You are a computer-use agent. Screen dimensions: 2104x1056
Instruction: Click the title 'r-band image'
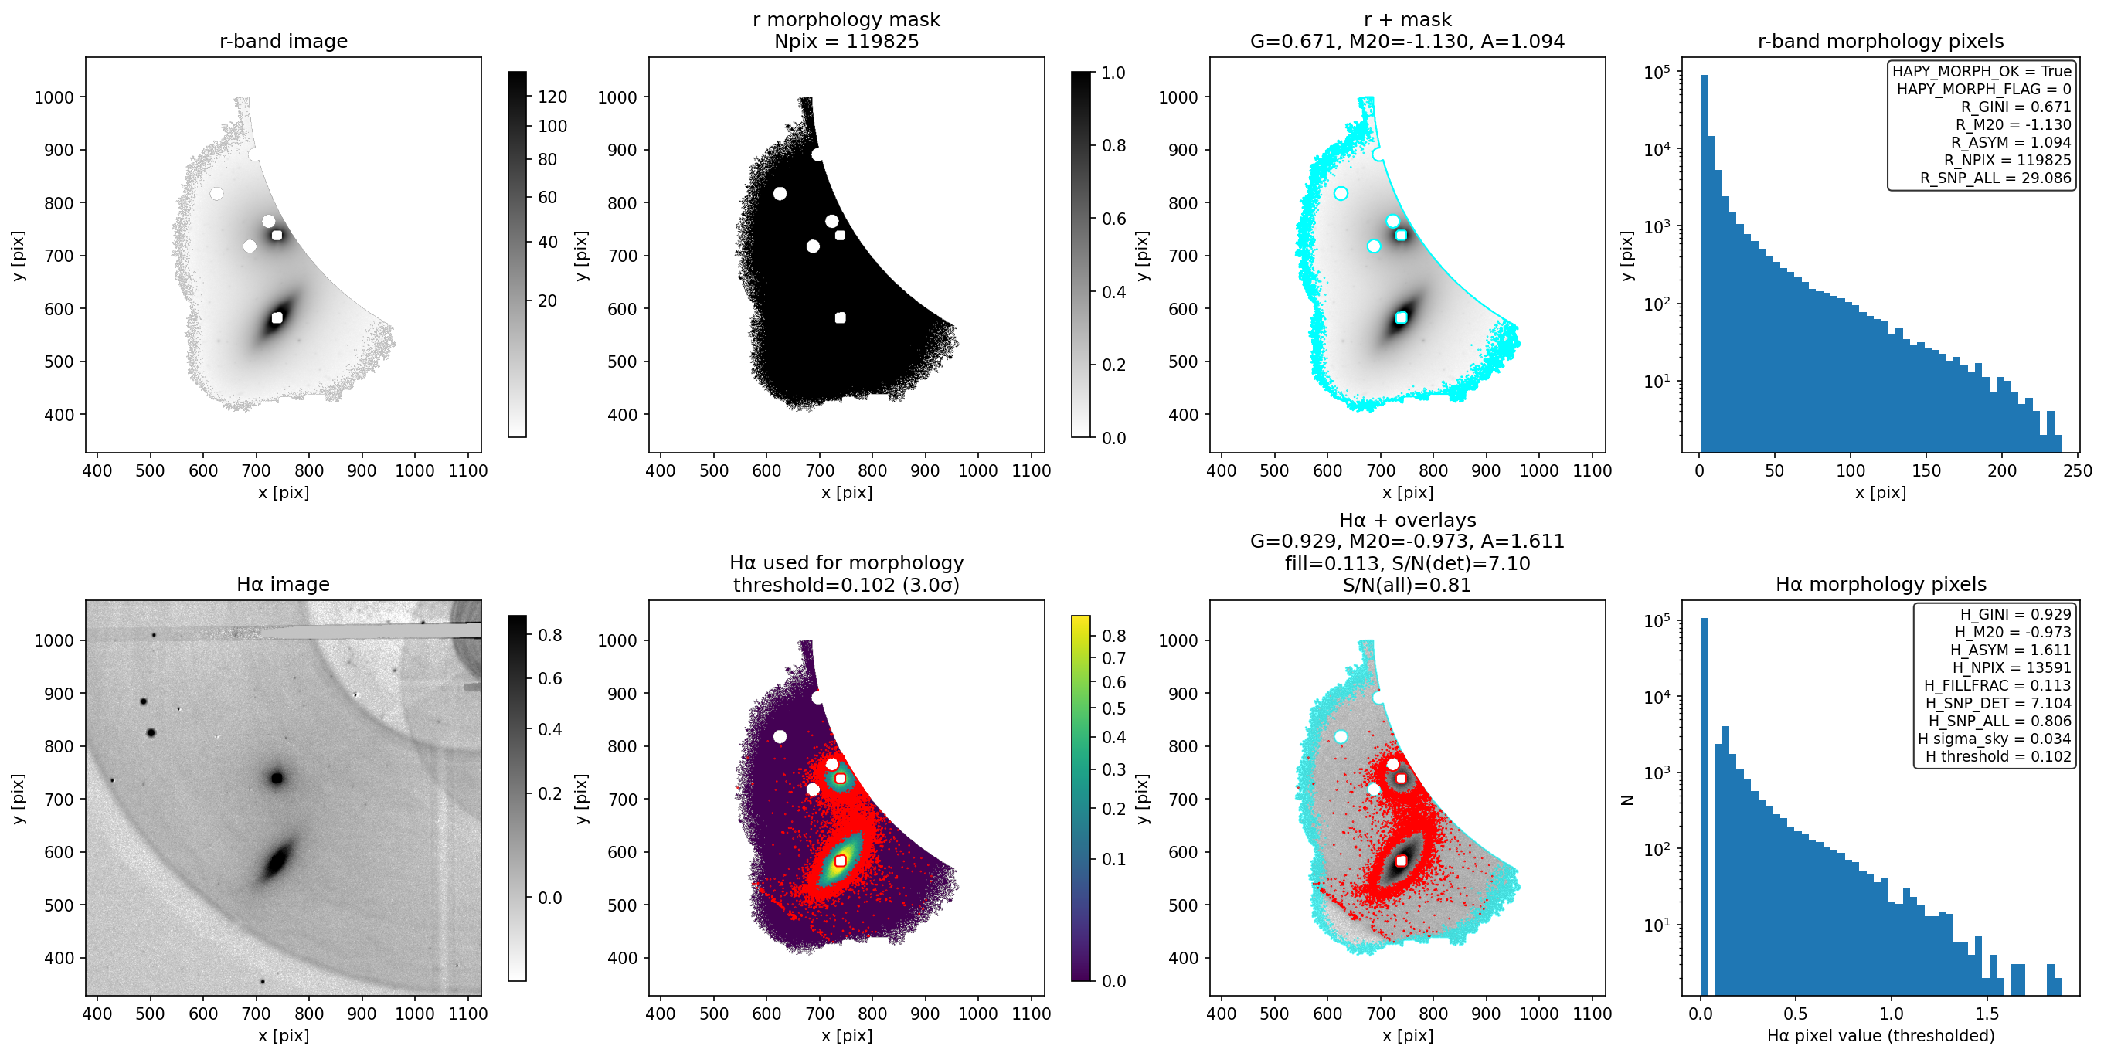[x=284, y=41]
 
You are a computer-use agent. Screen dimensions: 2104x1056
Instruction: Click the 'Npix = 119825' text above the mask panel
[x=846, y=41]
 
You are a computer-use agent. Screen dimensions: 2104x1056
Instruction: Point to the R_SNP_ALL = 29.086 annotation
[x=1995, y=178]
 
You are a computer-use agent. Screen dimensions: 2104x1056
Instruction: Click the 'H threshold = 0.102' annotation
[x=1998, y=756]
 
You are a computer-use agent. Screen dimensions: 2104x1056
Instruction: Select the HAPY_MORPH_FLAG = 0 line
[x=1984, y=89]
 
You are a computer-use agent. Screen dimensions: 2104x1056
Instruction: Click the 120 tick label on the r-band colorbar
[x=552, y=97]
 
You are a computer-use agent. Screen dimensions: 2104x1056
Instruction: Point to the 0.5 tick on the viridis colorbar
[x=1114, y=709]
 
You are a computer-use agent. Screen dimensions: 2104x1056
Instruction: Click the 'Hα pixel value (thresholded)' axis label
[x=1880, y=1036]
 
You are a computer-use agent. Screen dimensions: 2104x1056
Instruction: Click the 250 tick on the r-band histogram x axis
[x=2077, y=470]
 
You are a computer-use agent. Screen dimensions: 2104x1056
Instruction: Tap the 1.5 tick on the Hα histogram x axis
[x=1987, y=1014]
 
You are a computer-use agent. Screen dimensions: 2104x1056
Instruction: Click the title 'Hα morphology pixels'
[x=1880, y=584]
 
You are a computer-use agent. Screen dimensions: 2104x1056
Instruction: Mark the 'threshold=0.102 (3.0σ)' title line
[x=846, y=585]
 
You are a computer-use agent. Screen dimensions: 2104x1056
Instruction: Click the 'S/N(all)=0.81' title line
[x=1407, y=585]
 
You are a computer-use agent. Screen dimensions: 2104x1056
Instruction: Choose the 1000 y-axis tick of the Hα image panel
[x=54, y=640]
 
